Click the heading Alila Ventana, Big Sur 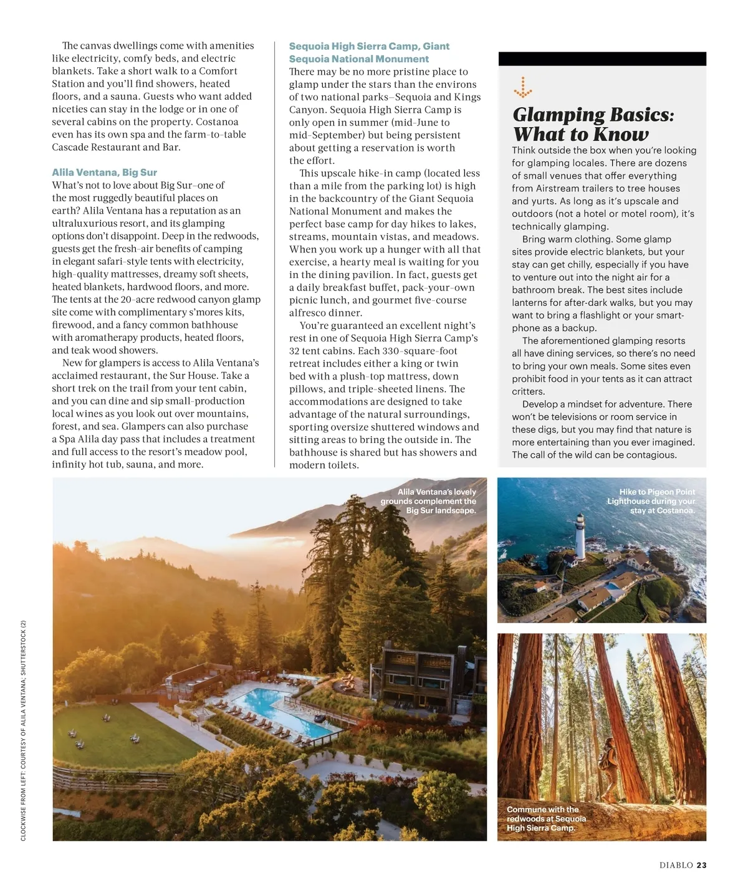point(104,173)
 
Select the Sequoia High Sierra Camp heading point(368,52)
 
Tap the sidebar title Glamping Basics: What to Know point(593,125)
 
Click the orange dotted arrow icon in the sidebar point(522,88)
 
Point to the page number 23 point(701,865)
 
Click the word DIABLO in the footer point(676,865)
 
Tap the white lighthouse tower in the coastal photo point(581,535)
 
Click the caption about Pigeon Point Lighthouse point(651,501)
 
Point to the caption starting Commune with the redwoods point(547,818)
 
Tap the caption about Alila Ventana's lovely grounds point(428,501)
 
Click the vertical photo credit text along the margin point(23,730)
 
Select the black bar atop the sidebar point(602,59)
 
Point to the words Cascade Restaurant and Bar point(116,147)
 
